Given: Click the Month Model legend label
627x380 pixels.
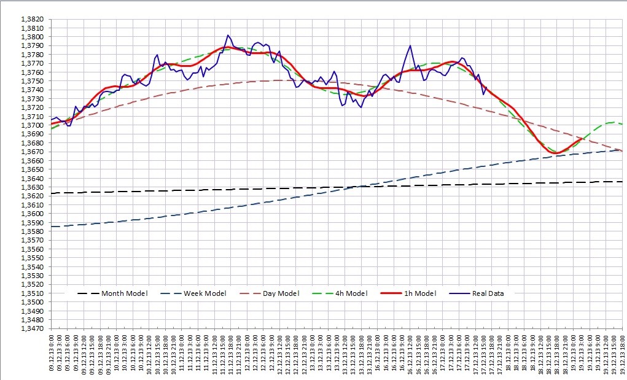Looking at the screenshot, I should coord(124,293).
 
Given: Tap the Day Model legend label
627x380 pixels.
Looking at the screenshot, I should coord(281,293).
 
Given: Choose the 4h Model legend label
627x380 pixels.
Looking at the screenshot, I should coord(351,293).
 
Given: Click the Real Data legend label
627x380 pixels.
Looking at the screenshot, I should coord(488,293).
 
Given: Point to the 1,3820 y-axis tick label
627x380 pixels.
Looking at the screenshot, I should coord(32,19).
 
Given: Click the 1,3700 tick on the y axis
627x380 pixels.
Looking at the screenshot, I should coord(32,125).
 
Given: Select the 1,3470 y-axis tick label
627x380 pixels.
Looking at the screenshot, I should coord(32,328).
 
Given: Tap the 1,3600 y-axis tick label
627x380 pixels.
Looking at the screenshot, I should coord(32,214).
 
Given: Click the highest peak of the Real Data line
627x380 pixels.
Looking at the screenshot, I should coord(228,36).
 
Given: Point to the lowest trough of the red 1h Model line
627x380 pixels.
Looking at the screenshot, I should coord(556,153).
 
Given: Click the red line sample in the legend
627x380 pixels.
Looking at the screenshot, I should coord(386,293).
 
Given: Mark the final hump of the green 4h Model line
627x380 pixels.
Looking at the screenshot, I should coord(612,122).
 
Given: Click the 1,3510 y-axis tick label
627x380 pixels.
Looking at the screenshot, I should coord(32,293).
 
